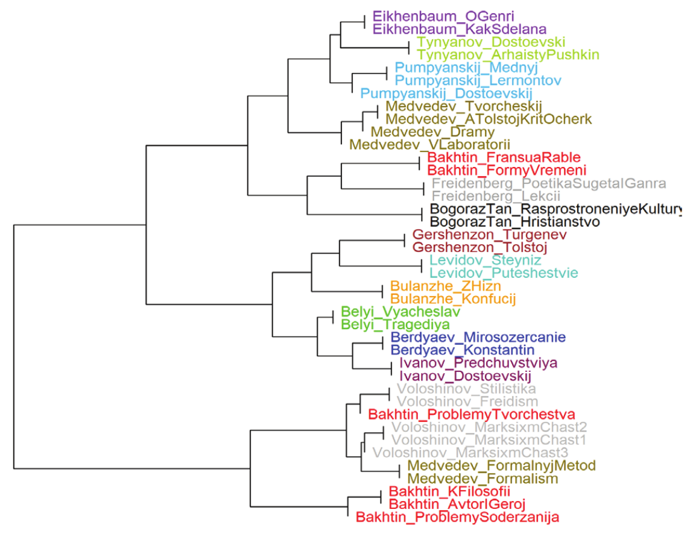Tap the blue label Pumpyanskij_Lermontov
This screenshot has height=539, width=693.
tap(478, 80)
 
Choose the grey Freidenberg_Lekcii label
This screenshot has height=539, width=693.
tap(496, 196)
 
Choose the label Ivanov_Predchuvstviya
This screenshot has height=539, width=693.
tap(478, 364)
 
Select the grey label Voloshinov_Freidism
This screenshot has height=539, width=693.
tap(467, 402)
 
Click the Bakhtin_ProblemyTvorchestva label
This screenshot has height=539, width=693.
tap(471, 415)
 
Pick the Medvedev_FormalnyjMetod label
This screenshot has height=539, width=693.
tap(501, 466)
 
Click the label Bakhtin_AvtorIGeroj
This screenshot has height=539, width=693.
tap(457, 504)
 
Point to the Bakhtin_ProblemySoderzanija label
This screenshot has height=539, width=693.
tap(457, 517)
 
